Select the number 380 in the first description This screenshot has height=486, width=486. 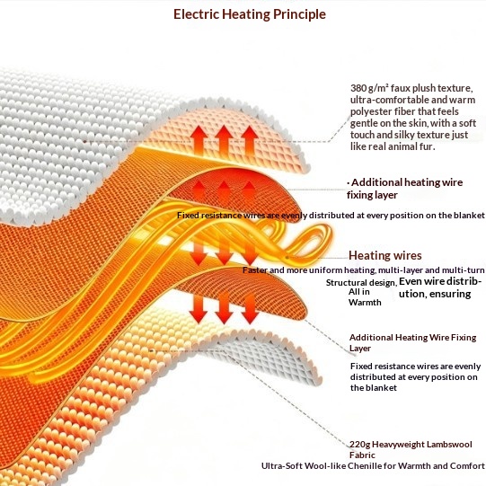click(x=358, y=88)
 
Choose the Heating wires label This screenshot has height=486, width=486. click(x=385, y=255)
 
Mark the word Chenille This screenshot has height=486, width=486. click(x=364, y=466)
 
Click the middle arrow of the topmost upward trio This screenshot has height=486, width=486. click(x=224, y=139)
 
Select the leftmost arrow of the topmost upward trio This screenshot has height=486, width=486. click(x=199, y=140)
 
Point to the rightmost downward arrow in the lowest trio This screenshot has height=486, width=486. click(x=250, y=309)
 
